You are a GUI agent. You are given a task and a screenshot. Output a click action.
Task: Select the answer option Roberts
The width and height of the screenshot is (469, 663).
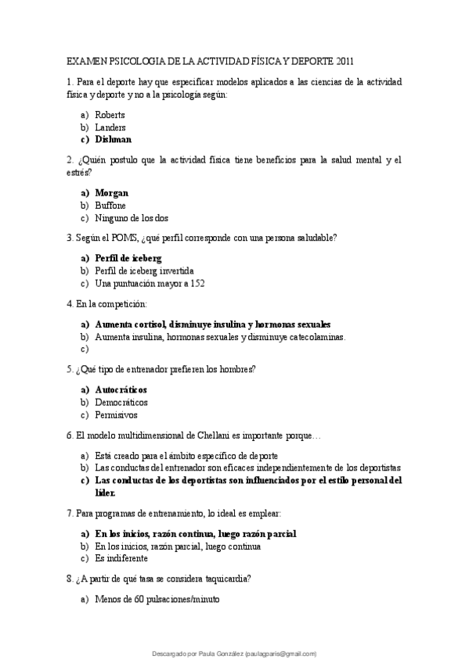pos(110,115)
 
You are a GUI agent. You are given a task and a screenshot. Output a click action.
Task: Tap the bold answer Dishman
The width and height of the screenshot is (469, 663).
pos(113,139)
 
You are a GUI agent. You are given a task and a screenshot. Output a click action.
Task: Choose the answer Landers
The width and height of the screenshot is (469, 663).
pos(110,127)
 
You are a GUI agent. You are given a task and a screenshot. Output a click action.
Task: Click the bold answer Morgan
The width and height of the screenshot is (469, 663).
pos(112,193)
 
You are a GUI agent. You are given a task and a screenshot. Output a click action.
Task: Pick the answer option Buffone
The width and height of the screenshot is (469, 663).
pos(110,206)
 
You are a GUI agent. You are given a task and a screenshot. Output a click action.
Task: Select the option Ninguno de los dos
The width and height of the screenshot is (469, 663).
pos(132,218)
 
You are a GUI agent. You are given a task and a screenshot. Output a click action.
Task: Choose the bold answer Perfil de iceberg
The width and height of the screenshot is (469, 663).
pos(128,258)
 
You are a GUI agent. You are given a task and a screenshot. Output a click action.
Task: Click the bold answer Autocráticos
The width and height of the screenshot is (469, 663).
pos(121,389)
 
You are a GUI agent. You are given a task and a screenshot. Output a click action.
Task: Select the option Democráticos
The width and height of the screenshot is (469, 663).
pos(121,402)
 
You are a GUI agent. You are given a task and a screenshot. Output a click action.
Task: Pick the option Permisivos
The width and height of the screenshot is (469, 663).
pos(115,415)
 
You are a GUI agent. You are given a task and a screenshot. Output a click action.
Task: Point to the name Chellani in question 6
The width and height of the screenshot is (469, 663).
pos(209,435)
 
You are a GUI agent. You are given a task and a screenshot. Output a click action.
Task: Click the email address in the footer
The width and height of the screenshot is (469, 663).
pos(281,653)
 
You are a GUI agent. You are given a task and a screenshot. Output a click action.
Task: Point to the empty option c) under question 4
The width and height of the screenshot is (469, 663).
pos(85,349)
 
